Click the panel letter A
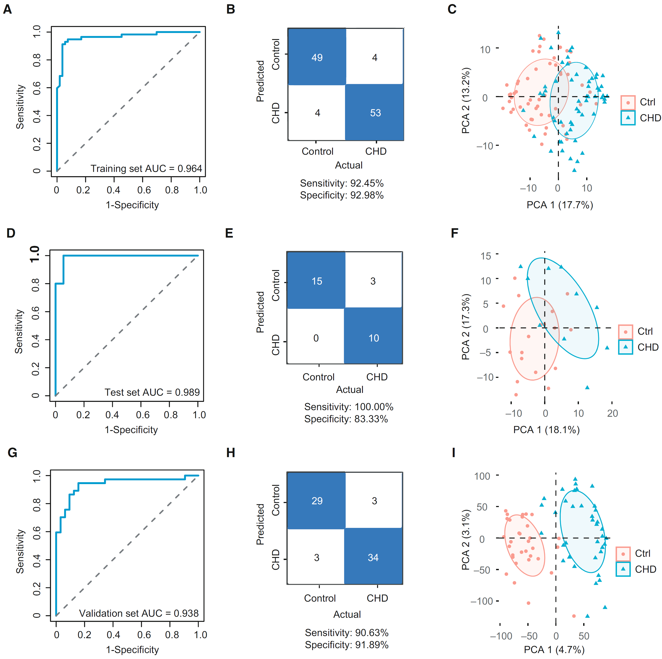pyautogui.click(x=7, y=9)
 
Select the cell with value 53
pyautogui.click(x=375, y=113)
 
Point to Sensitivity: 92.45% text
pyautogui.click(x=342, y=183)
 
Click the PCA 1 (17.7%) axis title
pyautogui.click(x=560, y=205)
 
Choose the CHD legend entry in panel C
pyautogui.click(x=641, y=118)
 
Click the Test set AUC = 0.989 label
pyautogui.click(x=152, y=392)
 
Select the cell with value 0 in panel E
pyautogui.click(x=316, y=338)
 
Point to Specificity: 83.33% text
pyautogui.click(x=346, y=419)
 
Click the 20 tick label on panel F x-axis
pyautogui.click(x=612, y=413)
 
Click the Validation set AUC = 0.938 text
pyautogui.click(x=139, y=613)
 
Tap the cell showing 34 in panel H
pyautogui.click(x=373, y=558)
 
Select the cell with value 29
pyautogui.click(x=317, y=501)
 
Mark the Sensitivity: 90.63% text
pyautogui.click(x=347, y=633)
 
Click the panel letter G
pyautogui.click(x=12, y=453)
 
